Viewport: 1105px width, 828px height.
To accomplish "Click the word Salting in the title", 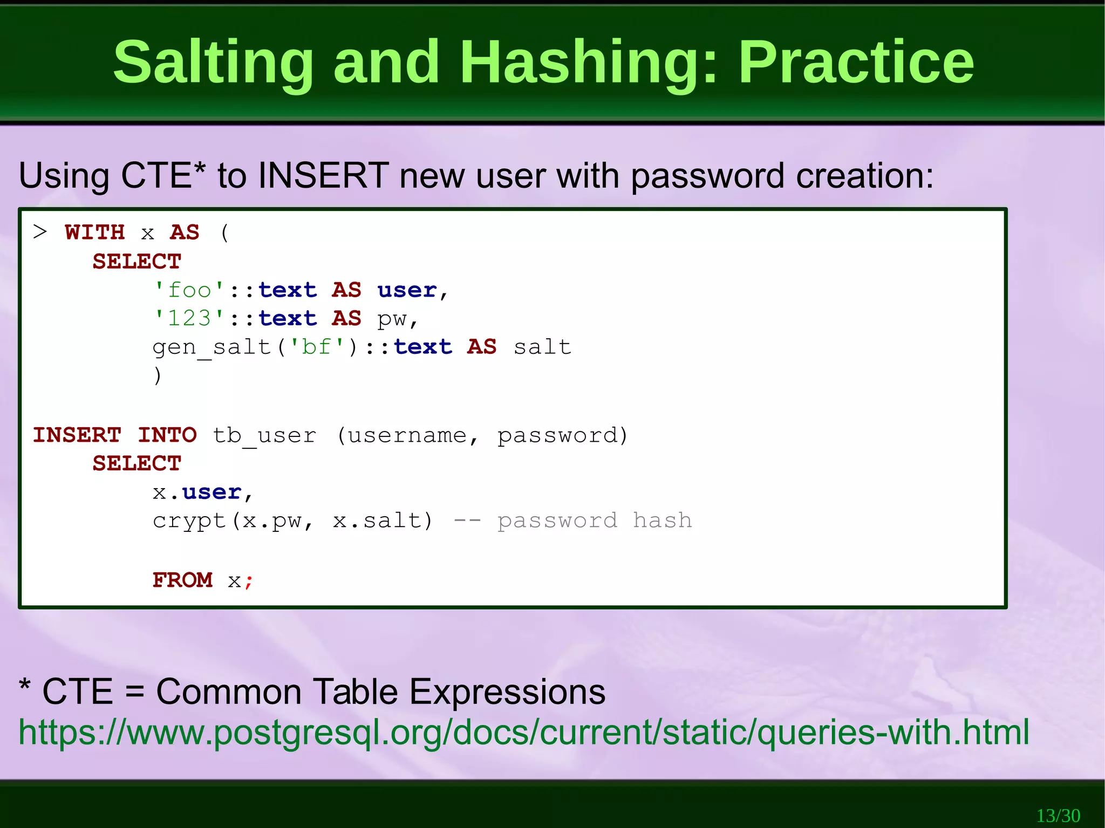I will [x=213, y=63].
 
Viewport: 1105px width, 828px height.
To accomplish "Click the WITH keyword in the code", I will [x=95, y=232].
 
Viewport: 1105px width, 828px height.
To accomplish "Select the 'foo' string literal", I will [x=189, y=290].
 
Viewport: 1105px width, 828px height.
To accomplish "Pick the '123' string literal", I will [x=189, y=318].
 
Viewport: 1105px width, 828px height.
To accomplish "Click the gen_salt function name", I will [x=212, y=347].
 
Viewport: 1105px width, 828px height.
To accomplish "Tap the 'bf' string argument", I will [x=317, y=347].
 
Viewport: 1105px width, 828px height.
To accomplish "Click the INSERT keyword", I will [x=77, y=435].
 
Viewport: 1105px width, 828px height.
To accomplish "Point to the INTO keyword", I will [x=167, y=435].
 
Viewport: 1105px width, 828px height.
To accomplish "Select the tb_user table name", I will [x=264, y=435].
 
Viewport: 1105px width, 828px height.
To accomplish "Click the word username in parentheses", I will [x=407, y=435].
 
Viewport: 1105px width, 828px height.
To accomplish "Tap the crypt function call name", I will [x=189, y=521].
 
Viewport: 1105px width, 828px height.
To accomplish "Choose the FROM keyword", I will [x=182, y=580].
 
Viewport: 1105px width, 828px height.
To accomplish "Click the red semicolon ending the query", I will [x=249, y=581].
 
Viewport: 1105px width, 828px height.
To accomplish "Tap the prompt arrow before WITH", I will [x=40, y=232].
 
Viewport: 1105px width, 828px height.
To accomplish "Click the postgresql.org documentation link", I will [x=523, y=733].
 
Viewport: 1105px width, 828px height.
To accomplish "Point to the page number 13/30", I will [x=1058, y=815].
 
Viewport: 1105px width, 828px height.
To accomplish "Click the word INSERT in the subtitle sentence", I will [x=324, y=176].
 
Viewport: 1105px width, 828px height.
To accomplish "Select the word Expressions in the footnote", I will [x=507, y=692].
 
